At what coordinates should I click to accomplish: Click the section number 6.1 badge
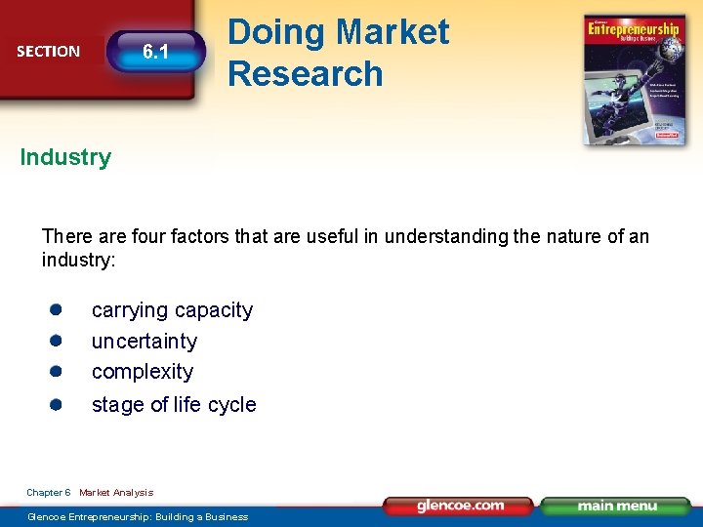click(156, 52)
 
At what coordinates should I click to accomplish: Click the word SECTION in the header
click(49, 52)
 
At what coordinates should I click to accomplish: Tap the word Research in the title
click(305, 74)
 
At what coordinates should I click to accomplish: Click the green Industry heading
click(65, 157)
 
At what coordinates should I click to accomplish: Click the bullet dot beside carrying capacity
click(57, 309)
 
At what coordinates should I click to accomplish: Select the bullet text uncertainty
click(144, 342)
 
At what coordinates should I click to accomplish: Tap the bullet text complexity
click(142, 372)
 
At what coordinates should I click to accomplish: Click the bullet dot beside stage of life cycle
click(57, 404)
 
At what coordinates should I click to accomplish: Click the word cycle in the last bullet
click(233, 405)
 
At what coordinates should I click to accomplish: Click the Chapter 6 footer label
click(48, 493)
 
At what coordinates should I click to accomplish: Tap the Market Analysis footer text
click(116, 493)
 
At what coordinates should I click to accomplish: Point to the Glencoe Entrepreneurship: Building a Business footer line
click(138, 516)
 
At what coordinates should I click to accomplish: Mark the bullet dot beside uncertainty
click(57, 341)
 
